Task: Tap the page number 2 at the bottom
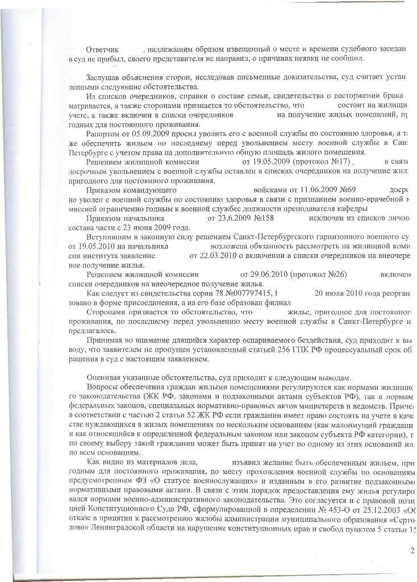tap(412, 550)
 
